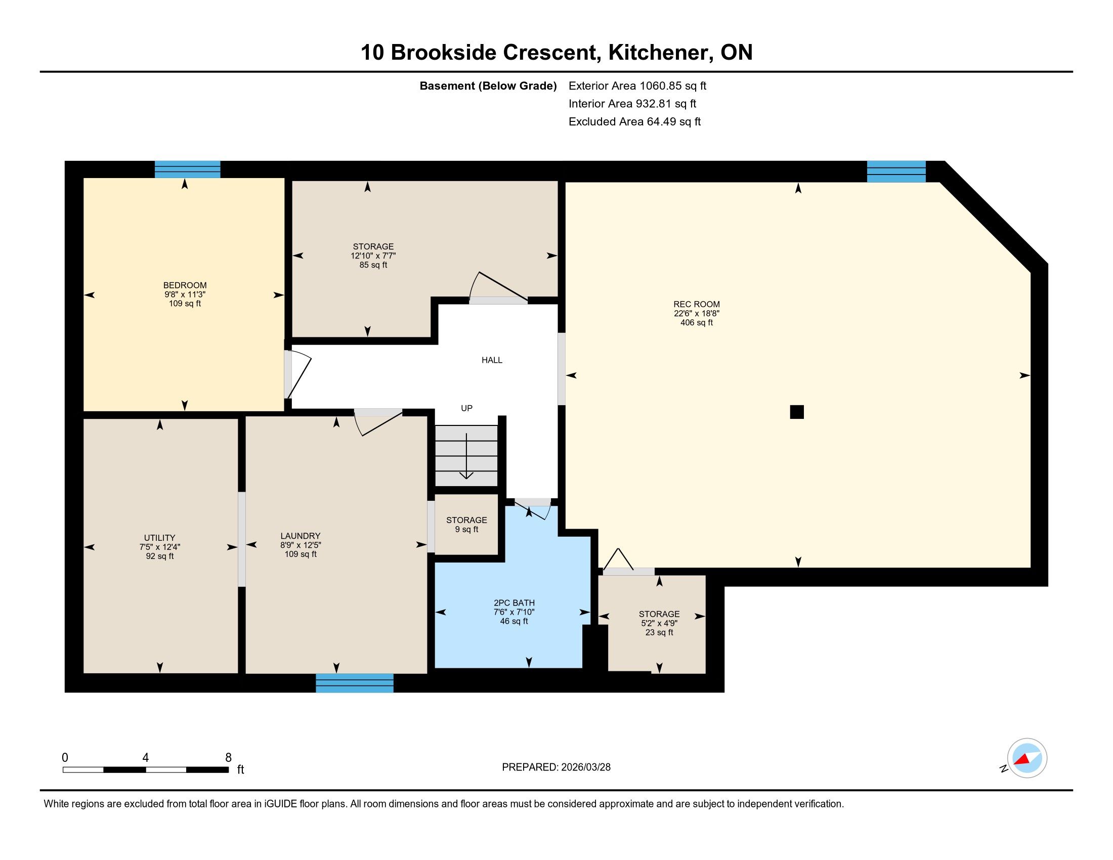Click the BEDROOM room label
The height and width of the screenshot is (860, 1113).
185,285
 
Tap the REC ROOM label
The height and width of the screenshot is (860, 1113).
697,304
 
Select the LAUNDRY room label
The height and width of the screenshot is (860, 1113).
301,536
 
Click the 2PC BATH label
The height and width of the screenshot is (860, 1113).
514,603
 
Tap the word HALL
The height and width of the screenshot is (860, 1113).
492,360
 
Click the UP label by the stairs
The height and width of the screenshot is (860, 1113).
467,408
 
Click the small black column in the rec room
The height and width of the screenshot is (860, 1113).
797,412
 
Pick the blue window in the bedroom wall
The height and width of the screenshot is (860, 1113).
188,169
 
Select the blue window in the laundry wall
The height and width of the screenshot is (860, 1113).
355,683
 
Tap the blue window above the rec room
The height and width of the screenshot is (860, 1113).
896,171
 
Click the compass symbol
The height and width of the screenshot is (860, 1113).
1027,758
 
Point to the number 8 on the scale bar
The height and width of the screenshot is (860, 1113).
228,758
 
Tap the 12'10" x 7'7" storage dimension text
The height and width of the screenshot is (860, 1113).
373,256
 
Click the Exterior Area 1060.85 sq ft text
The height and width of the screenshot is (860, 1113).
637,86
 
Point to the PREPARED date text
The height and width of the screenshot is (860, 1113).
556,767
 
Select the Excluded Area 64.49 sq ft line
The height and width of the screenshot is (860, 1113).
635,122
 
